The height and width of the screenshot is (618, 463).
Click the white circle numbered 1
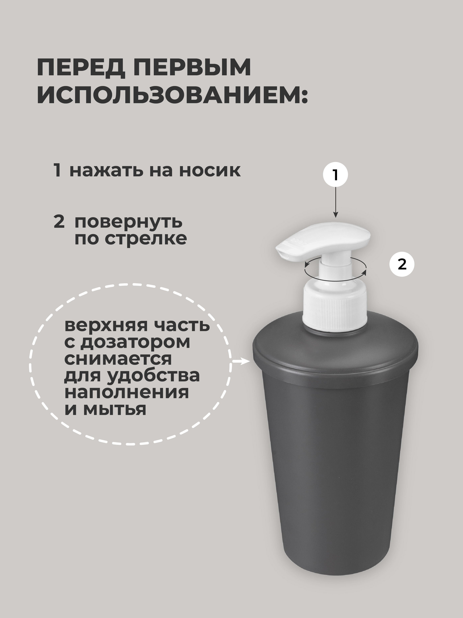tap(335, 176)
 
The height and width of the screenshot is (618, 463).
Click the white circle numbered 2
tap(402, 264)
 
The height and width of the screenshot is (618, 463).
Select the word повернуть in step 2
tap(129, 222)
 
